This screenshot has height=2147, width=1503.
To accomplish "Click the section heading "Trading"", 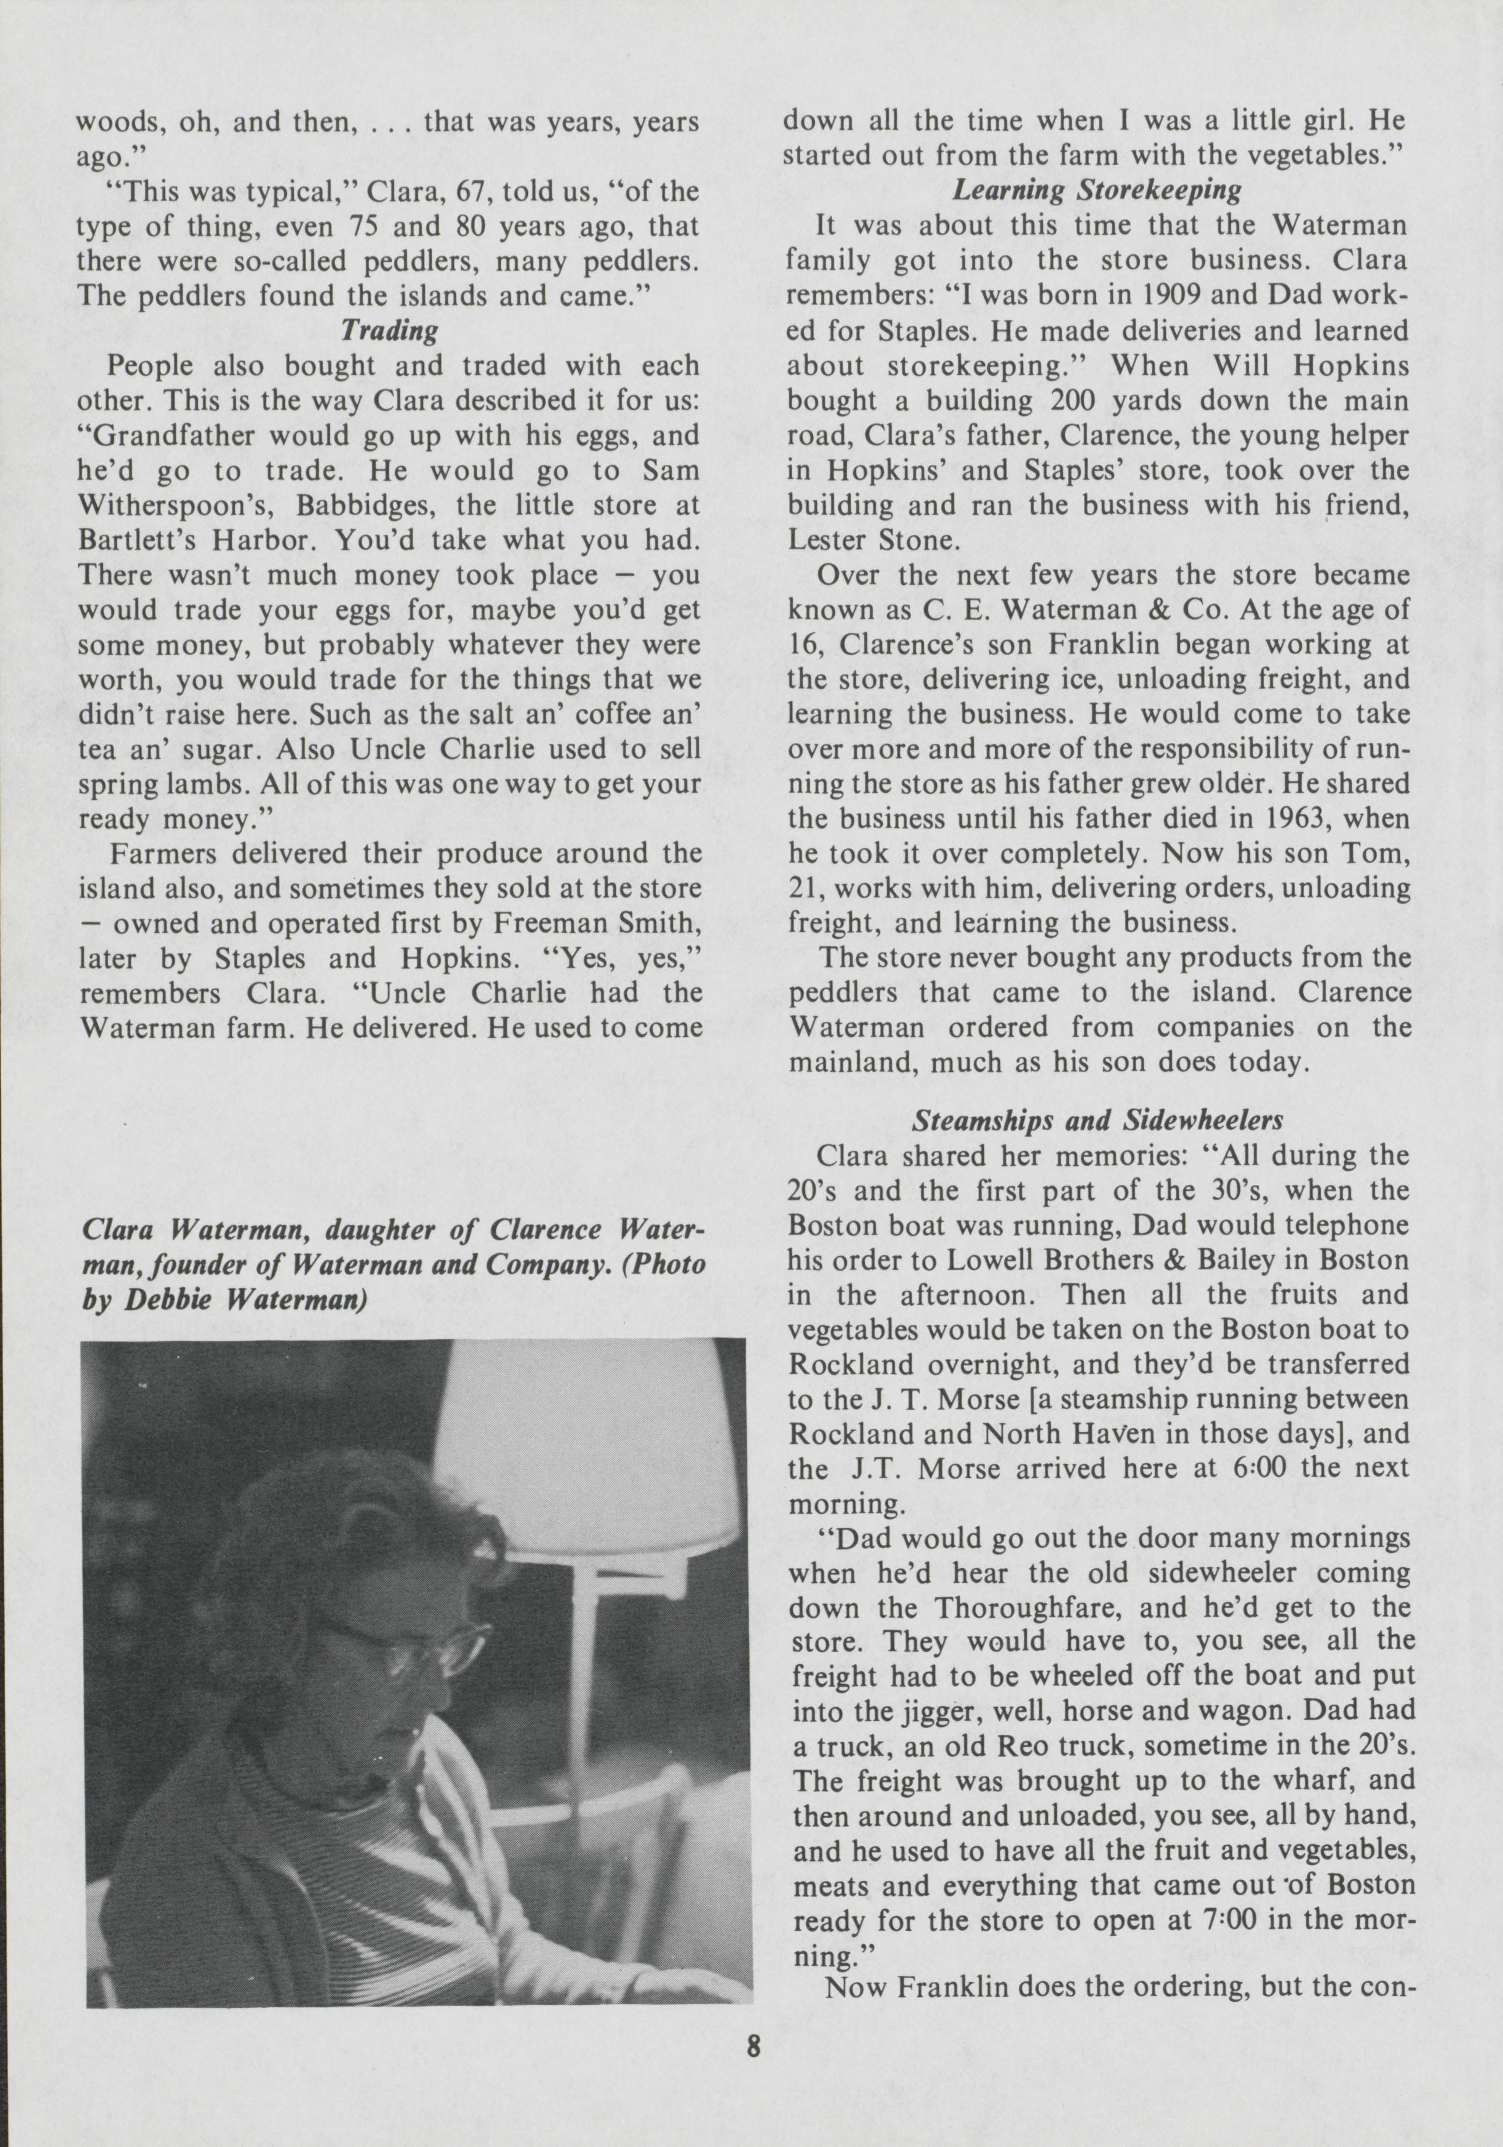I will pos(389,330).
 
